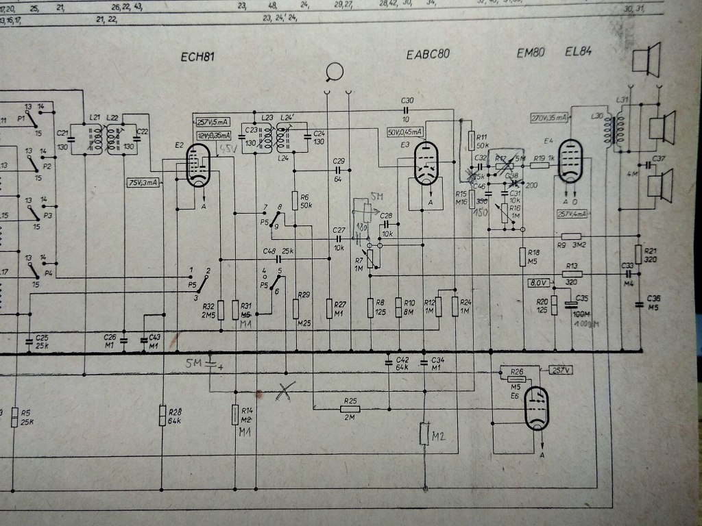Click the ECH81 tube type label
(x=199, y=58)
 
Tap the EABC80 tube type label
(x=428, y=55)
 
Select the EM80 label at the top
(x=531, y=53)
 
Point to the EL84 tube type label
(x=579, y=52)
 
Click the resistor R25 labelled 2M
(x=350, y=409)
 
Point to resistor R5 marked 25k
(x=15, y=417)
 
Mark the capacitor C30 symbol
(x=408, y=110)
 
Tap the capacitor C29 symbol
(x=338, y=170)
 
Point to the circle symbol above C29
(x=335, y=71)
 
